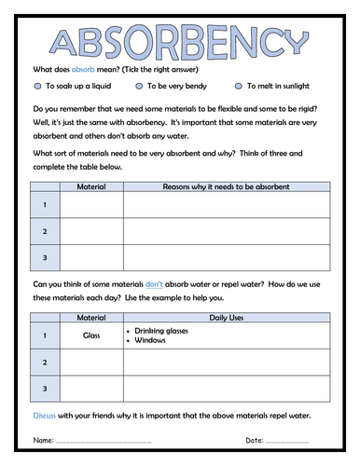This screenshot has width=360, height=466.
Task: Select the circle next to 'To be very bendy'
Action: click(x=139, y=85)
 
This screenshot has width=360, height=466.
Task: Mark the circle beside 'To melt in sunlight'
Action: click(x=239, y=85)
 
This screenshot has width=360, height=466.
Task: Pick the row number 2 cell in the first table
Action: click(x=44, y=230)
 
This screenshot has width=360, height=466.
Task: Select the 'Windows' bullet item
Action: click(x=151, y=341)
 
